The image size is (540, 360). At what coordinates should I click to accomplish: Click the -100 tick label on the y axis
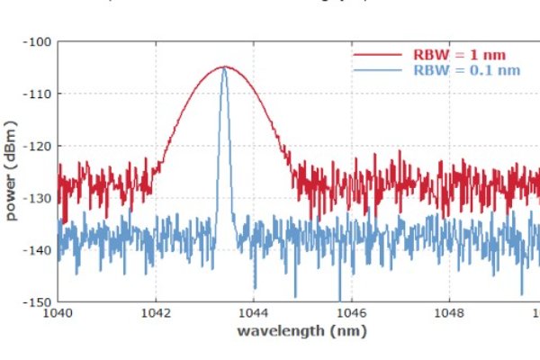(x=39, y=41)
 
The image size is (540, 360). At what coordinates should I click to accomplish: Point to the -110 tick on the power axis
(x=39, y=94)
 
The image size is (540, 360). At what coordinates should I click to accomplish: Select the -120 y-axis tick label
(x=39, y=146)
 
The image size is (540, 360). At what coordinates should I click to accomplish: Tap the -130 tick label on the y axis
(x=39, y=197)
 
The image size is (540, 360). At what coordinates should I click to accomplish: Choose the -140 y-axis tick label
(x=39, y=249)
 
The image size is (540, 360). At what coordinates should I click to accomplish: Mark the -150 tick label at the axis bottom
(x=39, y=301)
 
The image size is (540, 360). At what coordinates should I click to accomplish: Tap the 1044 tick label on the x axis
(x=253, y=313)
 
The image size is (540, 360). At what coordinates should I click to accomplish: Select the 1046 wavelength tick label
(x=350, y=313)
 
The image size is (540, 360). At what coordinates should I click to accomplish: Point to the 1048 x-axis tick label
(x=447, y=313)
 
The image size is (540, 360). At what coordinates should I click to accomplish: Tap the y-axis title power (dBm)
(x=13, y=171)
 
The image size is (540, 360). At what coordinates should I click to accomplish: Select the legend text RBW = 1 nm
(x=454, y=53)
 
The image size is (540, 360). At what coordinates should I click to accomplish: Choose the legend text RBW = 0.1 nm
(x=461, y=69)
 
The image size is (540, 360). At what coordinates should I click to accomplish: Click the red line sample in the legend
(x=378, y=53)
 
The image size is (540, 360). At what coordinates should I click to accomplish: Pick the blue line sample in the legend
(x=378, y=69)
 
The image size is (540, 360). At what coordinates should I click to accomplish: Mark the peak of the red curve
(x=224, y=67)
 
